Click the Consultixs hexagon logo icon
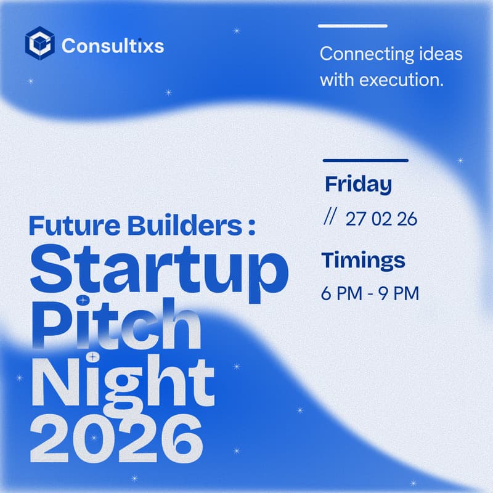click(x=40, y=44)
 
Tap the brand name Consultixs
click(x=113, y=45)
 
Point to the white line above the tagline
click(x=352, y=26)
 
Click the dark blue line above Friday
click(x=365, y=160)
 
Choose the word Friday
click(x=358, y=184)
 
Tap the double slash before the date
click(x=328, y=218)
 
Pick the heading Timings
click(x=363, y=260)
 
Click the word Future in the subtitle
click(x=59, y=226)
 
